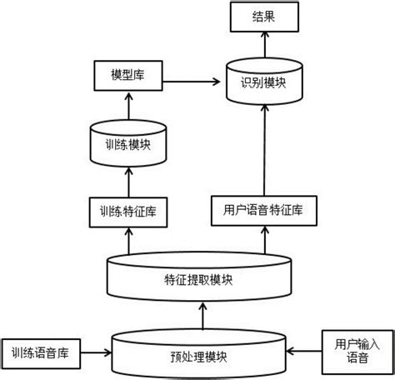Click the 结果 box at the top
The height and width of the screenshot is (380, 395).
[262, 17]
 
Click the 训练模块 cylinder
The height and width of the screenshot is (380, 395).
[127, 142]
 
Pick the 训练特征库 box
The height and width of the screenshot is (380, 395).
[127, 211]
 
